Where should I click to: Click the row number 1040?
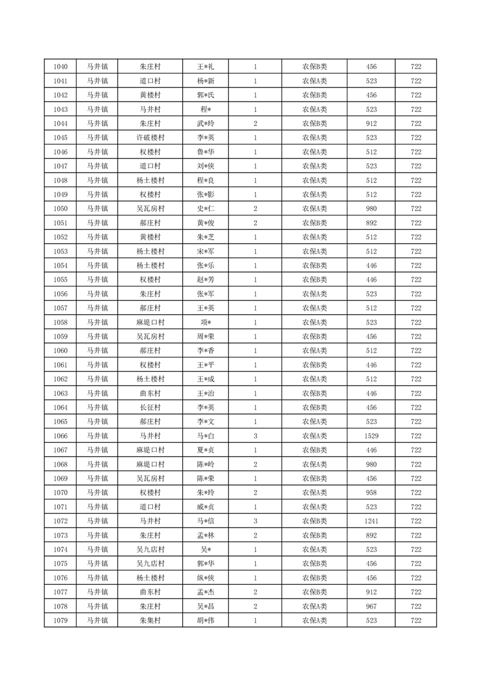[x=61, y=67]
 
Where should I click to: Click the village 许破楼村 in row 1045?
[x=150, y=138]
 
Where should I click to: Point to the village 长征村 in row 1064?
[x=150, y=408]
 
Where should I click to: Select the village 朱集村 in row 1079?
[x=150, y=621]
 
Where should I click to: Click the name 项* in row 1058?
[x=205, y=323]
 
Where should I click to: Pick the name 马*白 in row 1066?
[x=205, y=436]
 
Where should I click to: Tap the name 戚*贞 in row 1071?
[x=205, y=507]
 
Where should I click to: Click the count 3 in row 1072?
[x=255, y=521]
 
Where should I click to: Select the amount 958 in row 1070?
[x=371, y=493]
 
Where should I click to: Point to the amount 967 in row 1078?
[x=371, y=606]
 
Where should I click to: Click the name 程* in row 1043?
[x=205, y=110]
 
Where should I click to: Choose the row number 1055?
[x=61, y=280]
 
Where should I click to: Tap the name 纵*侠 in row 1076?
[x=205, y=578]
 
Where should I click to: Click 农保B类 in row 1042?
[x=314, y=96]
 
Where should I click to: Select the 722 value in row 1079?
[x=416, y=621]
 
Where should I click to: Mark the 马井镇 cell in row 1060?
[x=97, y=351]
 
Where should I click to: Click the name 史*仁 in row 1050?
[x=205, y=209]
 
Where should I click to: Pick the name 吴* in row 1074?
[x=205, y=550]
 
